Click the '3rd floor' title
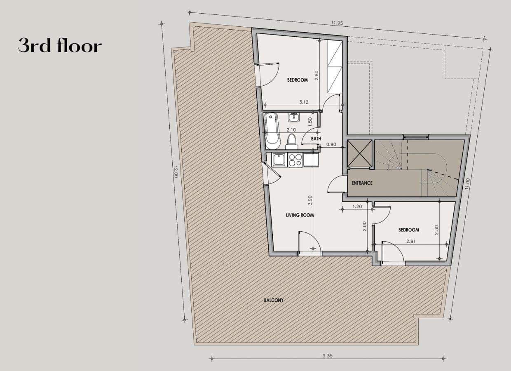point(60,46)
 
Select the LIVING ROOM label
point(300,215)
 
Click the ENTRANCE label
point(362,183)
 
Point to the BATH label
point(316,139)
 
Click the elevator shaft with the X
point(359,154)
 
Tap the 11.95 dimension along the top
point(337,23)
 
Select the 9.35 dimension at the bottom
point(328,356)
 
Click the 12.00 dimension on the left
point(176,172)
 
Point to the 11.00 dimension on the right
point(466,184)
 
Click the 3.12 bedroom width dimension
point(304,102)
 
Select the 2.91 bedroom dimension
point(410,241)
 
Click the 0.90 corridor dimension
point(331,144)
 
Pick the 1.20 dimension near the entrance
point(357,207)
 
